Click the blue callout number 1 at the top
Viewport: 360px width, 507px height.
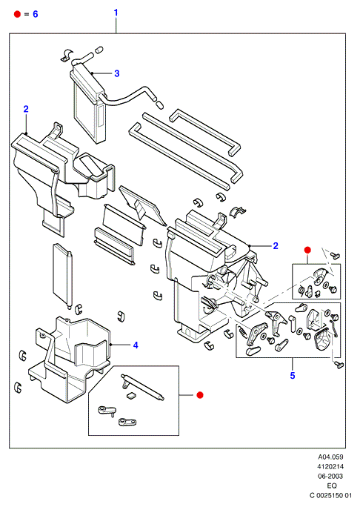[x=116, y=13]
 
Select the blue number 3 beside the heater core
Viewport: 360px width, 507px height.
[x=117, y=73]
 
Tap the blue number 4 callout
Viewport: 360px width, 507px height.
[x=136, y=345]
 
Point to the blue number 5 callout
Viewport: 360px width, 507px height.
[x=293, y=375]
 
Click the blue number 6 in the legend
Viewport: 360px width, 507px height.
[x=36, y=14]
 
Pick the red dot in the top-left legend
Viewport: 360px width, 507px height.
[x=18, y=14]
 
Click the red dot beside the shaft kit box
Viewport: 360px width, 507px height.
[x=200, y=395]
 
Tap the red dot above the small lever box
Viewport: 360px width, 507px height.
[x=307, y=250]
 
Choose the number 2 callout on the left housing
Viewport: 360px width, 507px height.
[x=26, y=109]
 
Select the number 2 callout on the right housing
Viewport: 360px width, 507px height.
[x=276, y=246]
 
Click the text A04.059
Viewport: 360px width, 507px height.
[x=330, y=457]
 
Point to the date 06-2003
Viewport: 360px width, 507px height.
[x=330, y=476]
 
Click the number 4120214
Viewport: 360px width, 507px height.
[x=330, y=466]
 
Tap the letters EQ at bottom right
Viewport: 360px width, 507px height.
[x=332, y=486]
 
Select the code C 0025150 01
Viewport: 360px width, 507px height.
[x=330, y=495]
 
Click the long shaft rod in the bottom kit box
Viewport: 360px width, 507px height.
[x=142, y=387]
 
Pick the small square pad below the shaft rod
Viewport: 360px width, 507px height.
[x=131, y=395]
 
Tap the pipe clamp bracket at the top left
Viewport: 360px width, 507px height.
[x=67, y=56]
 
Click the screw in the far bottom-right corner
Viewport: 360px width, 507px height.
[x=339, y=365]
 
